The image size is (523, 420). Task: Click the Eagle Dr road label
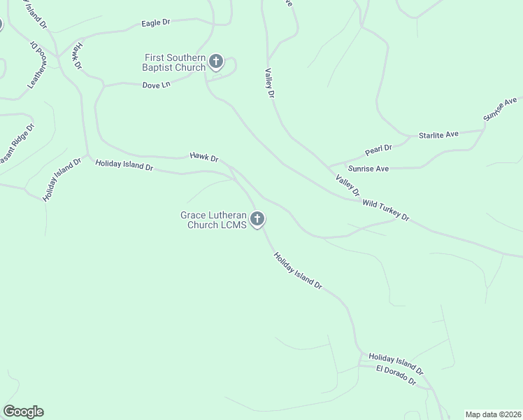(156, 23)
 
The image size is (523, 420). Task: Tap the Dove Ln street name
(156, 85)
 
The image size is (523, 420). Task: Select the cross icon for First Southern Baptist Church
(216, 62)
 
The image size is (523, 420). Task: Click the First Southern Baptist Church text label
(175, 62)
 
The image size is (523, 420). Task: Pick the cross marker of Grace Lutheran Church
(257, 220)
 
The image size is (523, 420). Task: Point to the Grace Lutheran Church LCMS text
(214, 220)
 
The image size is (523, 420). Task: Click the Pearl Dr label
(378, 150)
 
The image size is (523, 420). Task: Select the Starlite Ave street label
(438, 134)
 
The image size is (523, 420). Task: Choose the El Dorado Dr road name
(396, 374)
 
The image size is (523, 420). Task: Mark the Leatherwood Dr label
(36, 64)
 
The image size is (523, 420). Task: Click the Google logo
(23, 412)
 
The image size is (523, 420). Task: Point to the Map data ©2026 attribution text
(493, 414)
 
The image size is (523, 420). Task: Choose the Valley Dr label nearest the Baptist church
(269, 83)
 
